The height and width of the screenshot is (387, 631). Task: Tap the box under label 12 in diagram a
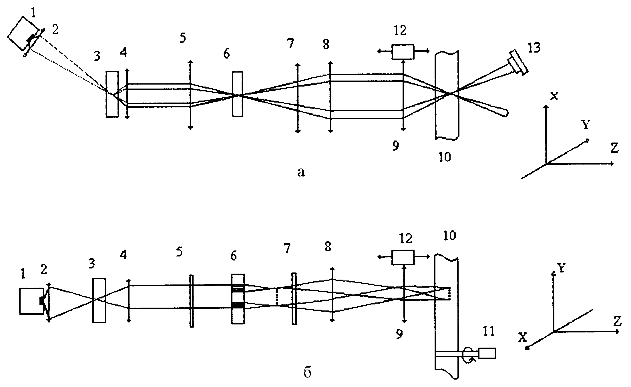403,52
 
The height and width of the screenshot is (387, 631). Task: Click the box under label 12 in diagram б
403,257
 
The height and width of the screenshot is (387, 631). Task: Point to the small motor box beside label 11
487,353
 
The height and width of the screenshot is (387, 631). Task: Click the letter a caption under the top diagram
301,172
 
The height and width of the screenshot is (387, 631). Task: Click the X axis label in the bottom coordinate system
523,337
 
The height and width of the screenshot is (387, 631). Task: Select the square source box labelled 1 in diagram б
32,301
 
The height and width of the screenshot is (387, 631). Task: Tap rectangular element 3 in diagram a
112,94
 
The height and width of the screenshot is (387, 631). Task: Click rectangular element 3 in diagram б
99,300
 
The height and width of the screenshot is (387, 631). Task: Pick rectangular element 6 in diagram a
238,94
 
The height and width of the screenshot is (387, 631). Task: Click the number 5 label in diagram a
183,38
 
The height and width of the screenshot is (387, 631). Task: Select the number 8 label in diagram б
328,247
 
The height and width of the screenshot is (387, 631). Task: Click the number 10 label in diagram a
444,157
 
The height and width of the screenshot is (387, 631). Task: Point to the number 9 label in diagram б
399,334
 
